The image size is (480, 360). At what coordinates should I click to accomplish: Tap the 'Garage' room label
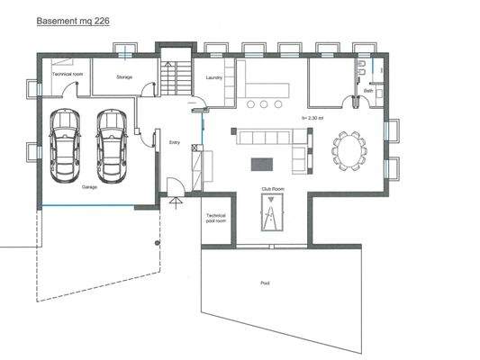pyautogui.click(x=89, y=187)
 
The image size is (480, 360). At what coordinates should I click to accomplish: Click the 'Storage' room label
pyautogui.click(x=124, y=77)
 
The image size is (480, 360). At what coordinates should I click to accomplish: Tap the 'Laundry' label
pyautogui.click(x=213, y=78)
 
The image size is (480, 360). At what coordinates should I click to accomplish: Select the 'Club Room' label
pyautogui.click(x=272, y=190)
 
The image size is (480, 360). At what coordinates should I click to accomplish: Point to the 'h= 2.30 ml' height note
pyautogui.click(x=312, y=117)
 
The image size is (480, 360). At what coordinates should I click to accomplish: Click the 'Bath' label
pyautogui.click(x=368, y=91)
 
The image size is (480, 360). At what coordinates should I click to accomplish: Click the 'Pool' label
pyautogui.click(x=265, y=282)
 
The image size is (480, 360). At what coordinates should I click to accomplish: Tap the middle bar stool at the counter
pyautogui.click(x=263, y=104)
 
